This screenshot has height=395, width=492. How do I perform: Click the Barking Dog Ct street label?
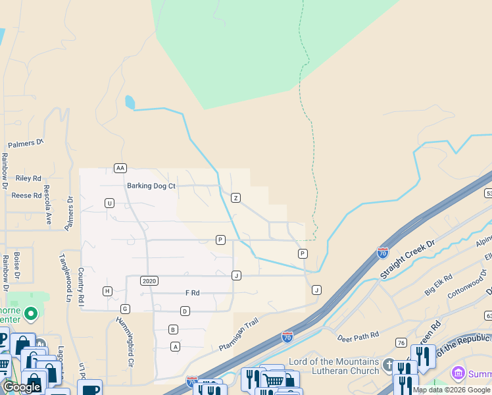[151, 186]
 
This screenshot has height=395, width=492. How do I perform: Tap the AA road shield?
[120, 168]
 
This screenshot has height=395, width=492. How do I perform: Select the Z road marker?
[235, 197]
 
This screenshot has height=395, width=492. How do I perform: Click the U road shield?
[109, 203]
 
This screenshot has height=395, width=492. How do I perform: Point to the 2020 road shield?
[149, 280]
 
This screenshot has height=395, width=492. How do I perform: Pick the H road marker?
[107, 291]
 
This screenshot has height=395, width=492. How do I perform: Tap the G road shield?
[125, 309]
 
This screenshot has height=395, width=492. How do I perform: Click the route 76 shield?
[401, 342]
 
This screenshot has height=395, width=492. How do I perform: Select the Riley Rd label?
[28, 178]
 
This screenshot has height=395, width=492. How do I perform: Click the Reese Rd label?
[27, 196]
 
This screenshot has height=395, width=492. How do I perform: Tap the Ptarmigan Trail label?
[239, 333]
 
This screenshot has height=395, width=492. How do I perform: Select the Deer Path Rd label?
[358, 336]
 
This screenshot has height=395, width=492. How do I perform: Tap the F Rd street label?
[192, 292]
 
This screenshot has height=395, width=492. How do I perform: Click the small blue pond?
[130, 103]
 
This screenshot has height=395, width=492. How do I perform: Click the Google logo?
[22, 387]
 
